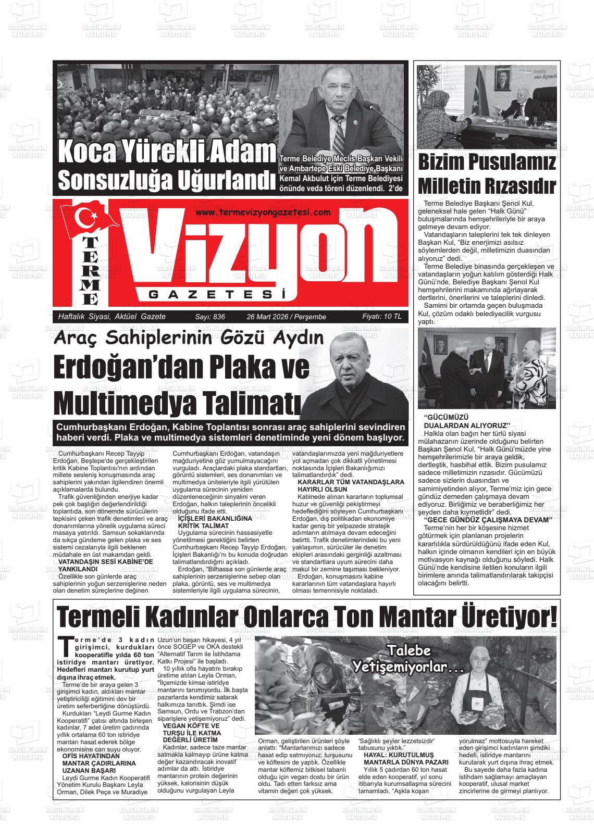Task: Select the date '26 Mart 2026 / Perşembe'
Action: pos(286,317)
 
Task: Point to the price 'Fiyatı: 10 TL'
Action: pos(381,317)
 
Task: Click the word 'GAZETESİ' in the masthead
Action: pos(218,295)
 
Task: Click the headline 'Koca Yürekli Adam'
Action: pos(167,152)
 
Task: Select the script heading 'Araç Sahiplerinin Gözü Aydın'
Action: pos(189,338)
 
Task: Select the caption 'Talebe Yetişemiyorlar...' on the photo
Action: pos(402,659)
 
